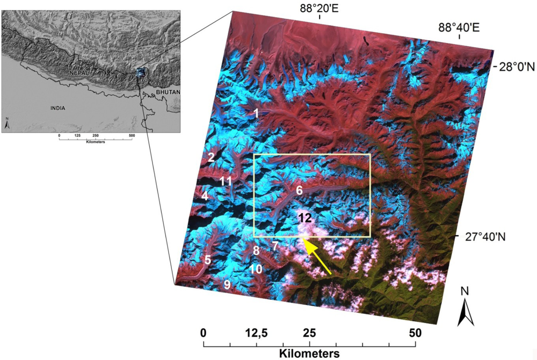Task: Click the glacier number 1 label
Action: (256, 113)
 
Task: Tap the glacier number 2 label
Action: (211, 157)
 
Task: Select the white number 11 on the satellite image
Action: (226, 181)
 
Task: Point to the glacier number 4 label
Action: (205, 197)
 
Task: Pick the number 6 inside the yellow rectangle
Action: (299, 190)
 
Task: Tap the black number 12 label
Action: (304, 218)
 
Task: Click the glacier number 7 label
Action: (275, 246)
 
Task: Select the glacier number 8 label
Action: (257, 250)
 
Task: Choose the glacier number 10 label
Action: (256, 269)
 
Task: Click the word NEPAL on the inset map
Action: (78, 72)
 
